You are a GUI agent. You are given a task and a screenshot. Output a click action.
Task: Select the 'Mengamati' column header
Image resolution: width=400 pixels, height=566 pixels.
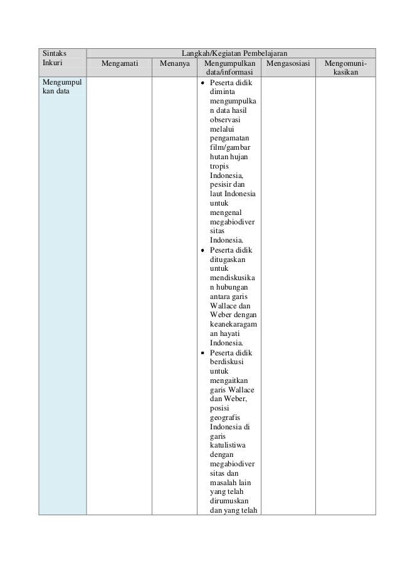tap(119, 63)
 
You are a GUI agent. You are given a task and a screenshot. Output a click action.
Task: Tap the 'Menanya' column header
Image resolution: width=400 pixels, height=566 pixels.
tap(175, 63)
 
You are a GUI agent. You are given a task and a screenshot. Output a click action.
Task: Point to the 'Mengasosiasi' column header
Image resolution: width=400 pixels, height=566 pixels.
tap(288, 63)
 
